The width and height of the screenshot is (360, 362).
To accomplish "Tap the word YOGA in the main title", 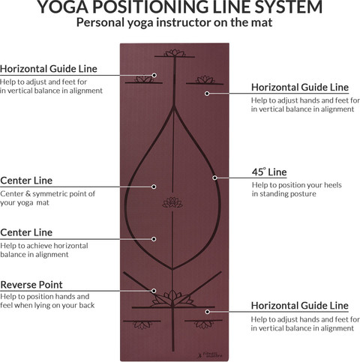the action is [x=63, y=7].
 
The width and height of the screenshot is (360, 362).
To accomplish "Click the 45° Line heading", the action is [x=269, y=172].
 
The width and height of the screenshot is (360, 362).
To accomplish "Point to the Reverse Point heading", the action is [x=31, y=285].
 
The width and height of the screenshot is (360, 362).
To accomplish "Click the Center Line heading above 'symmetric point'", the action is [x=26, y=181].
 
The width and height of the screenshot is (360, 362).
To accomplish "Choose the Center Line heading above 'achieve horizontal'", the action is [x=26, y=232].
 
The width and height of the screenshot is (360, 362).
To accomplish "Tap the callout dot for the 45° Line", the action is [x=214, y=178].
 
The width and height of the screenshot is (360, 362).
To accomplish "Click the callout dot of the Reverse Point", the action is [x=154, y=291].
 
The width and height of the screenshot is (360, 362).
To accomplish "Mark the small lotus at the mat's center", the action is [x=172, y=202].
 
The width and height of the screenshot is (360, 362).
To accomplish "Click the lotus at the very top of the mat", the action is [x=175, y=53].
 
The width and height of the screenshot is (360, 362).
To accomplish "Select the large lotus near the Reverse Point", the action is [x=172, y=298].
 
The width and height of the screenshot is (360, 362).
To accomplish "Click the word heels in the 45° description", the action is [x=333, y=185].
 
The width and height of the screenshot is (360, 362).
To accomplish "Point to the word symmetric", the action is [x=52, y=194].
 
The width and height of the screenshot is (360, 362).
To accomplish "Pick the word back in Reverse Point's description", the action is [x=87, y=305].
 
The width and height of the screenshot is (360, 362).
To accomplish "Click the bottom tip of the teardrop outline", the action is [x=172, y=269].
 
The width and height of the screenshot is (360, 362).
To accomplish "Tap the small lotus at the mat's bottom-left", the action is [x=142, y=325].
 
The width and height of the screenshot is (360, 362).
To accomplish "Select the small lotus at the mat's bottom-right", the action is [x=204, y=324].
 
